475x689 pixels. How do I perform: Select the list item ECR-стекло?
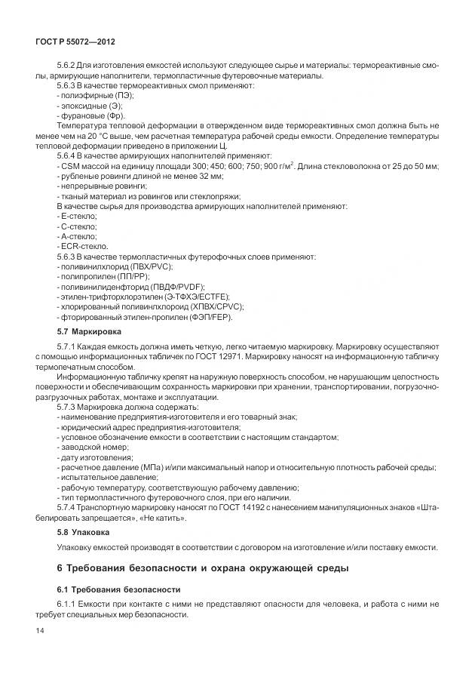point(82,246)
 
